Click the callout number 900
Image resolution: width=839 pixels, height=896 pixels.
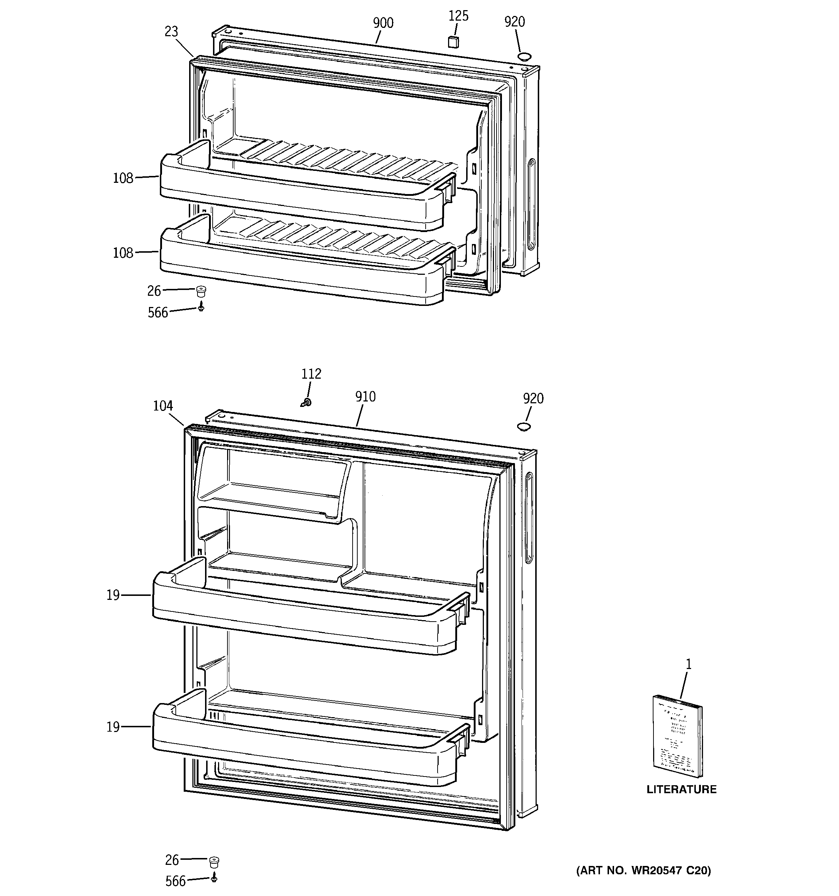(383, 23)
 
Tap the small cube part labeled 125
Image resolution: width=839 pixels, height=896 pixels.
(453, 42)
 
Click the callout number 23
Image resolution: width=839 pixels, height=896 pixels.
(171, 31)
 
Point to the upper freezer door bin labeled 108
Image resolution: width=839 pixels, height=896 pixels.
(297, 198)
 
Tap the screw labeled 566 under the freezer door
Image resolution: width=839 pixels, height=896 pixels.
(201, 308)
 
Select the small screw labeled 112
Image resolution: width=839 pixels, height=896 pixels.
(307, 402)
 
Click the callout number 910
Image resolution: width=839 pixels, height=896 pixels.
(365, 397)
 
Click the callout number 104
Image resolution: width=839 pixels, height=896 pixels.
(163, 406)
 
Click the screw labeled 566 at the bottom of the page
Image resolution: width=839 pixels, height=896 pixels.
(214, 878)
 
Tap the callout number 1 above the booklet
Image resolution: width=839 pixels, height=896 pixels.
(688, 664)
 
